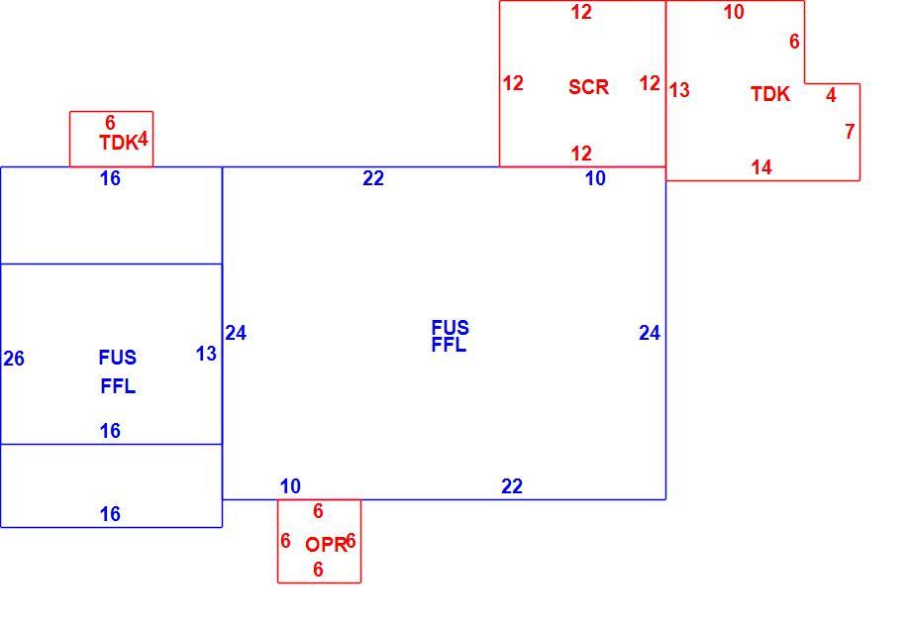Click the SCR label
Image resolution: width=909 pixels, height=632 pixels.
(588, 87)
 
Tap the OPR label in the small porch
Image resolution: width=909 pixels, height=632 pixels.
(326, 545)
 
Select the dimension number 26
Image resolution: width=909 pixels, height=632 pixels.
(14, 359)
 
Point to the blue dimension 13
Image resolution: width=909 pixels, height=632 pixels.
(206, 353)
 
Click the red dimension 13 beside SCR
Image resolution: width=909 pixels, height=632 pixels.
(679, 90)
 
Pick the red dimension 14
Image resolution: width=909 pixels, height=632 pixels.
(761, 167)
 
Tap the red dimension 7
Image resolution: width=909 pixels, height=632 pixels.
(850, 132)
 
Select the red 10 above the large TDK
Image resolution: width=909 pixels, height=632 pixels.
(734, 12)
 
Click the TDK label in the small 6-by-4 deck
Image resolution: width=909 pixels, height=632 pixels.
(118, 143)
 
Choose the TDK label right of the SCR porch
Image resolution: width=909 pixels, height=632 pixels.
(770, 94)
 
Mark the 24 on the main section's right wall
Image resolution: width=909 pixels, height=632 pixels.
(650, 333)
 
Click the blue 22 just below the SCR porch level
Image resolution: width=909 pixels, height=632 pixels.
(373, 178)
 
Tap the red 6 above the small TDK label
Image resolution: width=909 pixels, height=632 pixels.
(110, 123)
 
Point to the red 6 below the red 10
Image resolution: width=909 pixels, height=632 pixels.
(794, 42)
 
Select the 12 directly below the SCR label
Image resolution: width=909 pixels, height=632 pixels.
(581, 154)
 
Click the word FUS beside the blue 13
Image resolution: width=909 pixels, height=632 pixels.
(118, 358)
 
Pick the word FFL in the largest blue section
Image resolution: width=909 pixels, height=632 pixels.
(449, 345)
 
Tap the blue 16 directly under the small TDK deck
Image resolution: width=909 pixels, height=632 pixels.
(110, 178)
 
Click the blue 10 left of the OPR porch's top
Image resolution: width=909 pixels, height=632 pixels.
(290, 486)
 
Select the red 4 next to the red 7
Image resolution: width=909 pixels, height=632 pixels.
(831, 94)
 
